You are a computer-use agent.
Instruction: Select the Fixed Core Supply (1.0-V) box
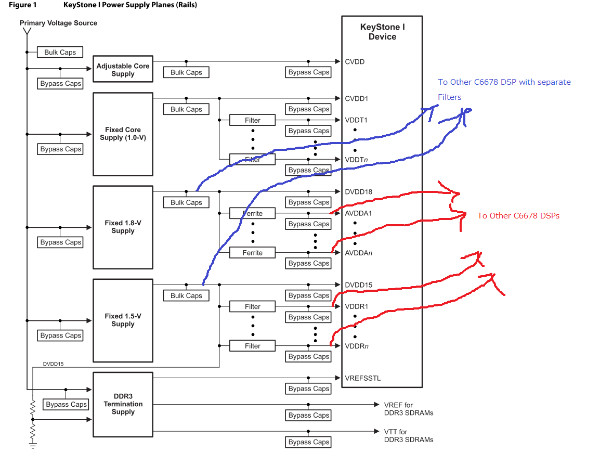point(123,134)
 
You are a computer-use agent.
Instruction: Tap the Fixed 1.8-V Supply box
point(123,227)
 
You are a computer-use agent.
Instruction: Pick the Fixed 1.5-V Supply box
point(123,320)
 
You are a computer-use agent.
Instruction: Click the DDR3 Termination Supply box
point(123,404)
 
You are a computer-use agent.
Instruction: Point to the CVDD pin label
point(355,62)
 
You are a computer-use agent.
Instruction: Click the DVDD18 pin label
point(358,192)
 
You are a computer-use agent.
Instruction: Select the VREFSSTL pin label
point(362,378)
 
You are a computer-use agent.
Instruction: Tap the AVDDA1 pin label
point(358,213)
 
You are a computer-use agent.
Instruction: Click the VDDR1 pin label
point(356,306)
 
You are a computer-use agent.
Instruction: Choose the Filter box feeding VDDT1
point(253,120)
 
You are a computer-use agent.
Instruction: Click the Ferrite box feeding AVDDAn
point(253,253)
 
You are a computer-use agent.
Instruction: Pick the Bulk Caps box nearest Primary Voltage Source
point(60,52)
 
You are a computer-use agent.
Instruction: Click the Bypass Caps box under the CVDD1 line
point(309,109)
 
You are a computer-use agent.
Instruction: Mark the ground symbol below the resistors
point(32,445)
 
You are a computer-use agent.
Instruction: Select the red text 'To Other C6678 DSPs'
point(518,216)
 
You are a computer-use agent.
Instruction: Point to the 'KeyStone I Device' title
point(382,32)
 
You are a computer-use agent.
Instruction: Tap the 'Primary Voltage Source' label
point(58,23)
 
